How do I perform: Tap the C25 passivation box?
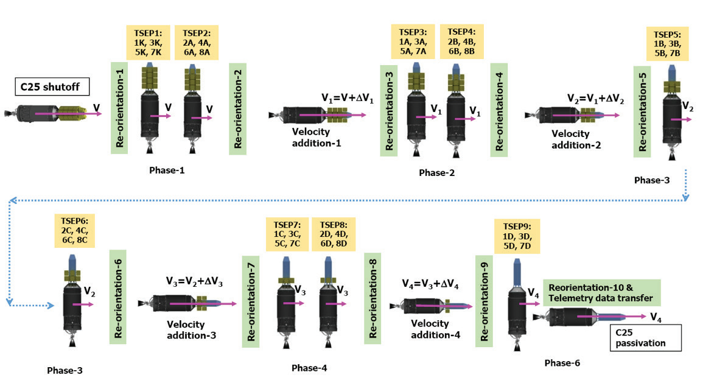tap(638, 337)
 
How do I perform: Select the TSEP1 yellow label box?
tap(146, 43)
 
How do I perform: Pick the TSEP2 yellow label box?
tap(195, 43)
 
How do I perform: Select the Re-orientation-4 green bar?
tap(499, 106)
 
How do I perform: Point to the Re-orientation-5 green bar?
tap(642, 111)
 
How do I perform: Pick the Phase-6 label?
tap(562, 363)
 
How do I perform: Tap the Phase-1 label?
tap(166, 170)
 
